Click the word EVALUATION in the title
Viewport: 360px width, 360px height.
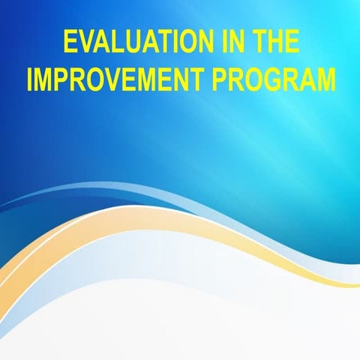(133, 42)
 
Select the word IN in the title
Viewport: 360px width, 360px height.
(228, 42)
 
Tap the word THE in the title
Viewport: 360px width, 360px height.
(276, 42)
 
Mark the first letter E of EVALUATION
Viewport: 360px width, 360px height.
(70, 42)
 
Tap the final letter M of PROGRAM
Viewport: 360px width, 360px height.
(326, 79)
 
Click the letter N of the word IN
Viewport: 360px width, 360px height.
(232, 42)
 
